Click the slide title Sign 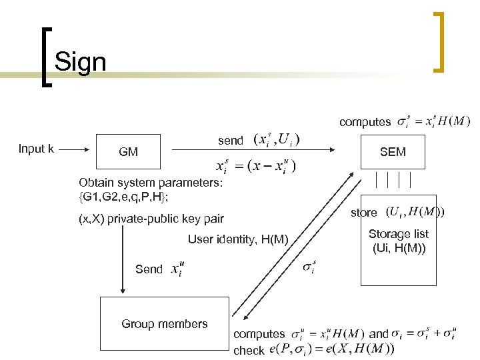coord(81,62)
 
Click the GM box coord(128,152)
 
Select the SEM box coord(393,152)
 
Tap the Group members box coord(165,324)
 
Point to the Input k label coord(36,149)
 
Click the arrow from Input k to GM coord(77,150)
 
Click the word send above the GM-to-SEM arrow coord(231,141)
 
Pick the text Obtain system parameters coord(151,182)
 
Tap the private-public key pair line coord(151,218)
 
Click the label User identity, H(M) coord(238,239)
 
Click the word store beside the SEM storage coord(364,213)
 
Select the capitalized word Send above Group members coord(149,269)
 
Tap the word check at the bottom coord(248,351)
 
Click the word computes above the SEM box coord(365,122)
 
